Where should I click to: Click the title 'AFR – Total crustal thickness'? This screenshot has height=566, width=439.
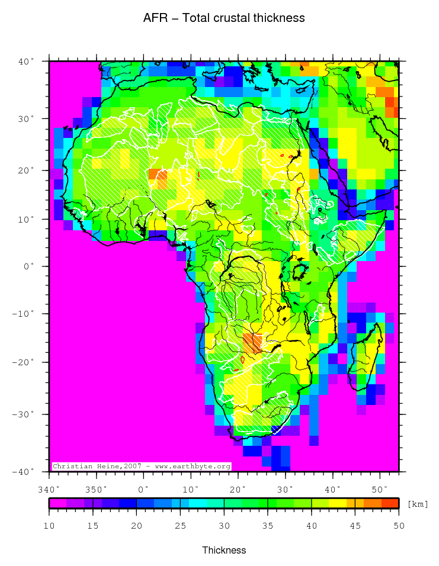[224, 18]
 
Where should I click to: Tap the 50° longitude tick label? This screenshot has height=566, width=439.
[380, 489]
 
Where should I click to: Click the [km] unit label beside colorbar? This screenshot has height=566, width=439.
[418, 504]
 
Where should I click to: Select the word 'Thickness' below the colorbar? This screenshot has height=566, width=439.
[224, 550]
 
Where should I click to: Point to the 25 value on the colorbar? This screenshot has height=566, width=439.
[181, 525]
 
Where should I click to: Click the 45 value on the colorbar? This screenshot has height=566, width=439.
[355, 525]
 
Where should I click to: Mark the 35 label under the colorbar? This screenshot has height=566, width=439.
[268, 525]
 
